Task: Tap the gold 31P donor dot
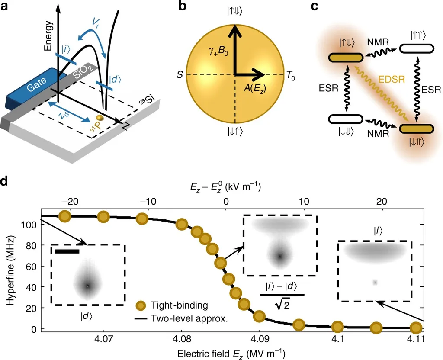[x=100, y=118]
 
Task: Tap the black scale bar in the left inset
[x=67, y=250]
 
